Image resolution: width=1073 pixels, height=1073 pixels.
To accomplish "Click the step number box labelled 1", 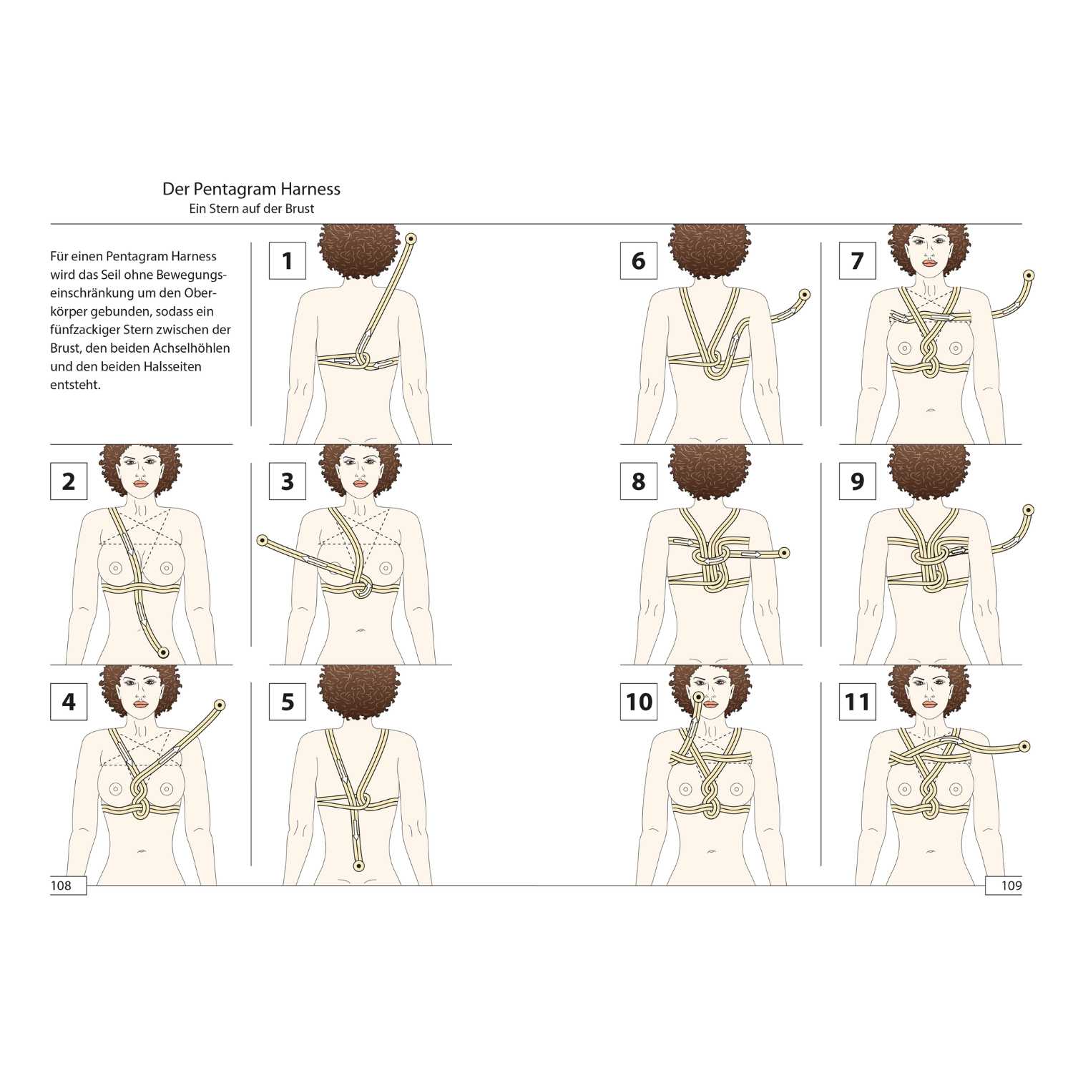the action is [288, 260].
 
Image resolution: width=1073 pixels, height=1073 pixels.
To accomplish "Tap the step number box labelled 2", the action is [69, 481].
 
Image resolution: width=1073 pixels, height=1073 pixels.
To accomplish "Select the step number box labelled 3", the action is [288, 481].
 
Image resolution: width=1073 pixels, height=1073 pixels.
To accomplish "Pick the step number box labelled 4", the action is [69, 701].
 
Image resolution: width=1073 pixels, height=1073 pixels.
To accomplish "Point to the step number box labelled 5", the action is [288, 701].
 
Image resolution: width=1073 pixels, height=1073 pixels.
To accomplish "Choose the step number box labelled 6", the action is [639, 260].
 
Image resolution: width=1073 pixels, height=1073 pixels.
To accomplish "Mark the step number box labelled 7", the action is [858, 260].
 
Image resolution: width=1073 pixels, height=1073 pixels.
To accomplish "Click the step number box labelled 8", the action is [639, 481].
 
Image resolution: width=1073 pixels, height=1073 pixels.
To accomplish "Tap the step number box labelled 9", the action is [858, 481].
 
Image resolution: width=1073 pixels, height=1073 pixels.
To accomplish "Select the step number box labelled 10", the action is [639, 701].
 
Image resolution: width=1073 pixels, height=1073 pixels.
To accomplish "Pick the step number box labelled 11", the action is [858, 701].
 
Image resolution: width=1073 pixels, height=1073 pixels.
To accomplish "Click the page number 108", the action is [61, 886].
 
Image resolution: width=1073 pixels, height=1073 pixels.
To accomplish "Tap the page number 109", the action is [1011, 886].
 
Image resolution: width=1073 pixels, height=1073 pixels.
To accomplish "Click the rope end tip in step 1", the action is [411, 238].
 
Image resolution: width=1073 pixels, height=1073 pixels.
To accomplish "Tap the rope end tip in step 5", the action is [359, 866].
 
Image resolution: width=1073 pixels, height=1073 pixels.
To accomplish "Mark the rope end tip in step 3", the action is [263, 541].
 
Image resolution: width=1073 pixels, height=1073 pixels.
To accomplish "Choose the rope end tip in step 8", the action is [784, 553].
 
